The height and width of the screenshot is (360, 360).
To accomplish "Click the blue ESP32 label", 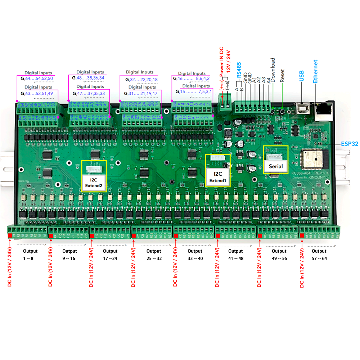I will click(350, 144).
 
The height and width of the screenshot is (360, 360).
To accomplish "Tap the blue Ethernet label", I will click(315, 72).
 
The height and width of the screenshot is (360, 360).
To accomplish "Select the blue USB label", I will click(302, 76).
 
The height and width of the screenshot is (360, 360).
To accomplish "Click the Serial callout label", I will click(276, 167).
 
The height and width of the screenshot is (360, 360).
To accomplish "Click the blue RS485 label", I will click(239, 70).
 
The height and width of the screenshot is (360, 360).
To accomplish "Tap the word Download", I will click(273, 70).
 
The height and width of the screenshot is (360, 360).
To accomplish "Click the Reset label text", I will click(282, 76).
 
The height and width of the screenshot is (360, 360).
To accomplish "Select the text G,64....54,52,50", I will click(37, 78).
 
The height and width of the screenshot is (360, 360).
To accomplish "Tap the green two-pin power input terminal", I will click(225, 104).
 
